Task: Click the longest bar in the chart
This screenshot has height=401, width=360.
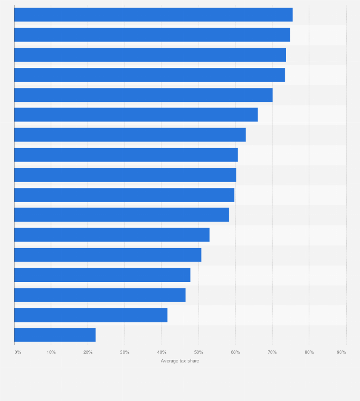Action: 153,14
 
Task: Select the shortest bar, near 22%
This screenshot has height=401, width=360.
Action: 55,335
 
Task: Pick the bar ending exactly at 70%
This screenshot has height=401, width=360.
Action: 143,95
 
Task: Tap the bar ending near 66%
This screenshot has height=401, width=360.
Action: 136,115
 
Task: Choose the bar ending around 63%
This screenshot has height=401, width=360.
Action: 130,135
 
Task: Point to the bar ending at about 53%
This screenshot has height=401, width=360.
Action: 112,235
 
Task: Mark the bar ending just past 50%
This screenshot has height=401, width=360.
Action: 108,255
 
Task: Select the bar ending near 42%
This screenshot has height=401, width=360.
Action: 91,315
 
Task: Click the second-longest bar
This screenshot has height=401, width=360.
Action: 152,35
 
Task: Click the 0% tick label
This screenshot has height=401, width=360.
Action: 18,352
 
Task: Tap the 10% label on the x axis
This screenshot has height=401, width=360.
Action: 51,352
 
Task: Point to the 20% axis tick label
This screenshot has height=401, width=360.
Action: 88,352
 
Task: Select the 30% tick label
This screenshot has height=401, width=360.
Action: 125,352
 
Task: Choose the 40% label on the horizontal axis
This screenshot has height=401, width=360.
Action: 162,352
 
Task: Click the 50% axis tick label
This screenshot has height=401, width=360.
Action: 199,352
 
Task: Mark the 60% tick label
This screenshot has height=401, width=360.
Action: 235,352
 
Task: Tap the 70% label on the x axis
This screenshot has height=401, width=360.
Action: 272,352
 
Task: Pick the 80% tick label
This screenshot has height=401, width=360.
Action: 309,352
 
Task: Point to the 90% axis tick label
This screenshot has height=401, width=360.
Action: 341,352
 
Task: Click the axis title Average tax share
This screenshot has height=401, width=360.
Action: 180,361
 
